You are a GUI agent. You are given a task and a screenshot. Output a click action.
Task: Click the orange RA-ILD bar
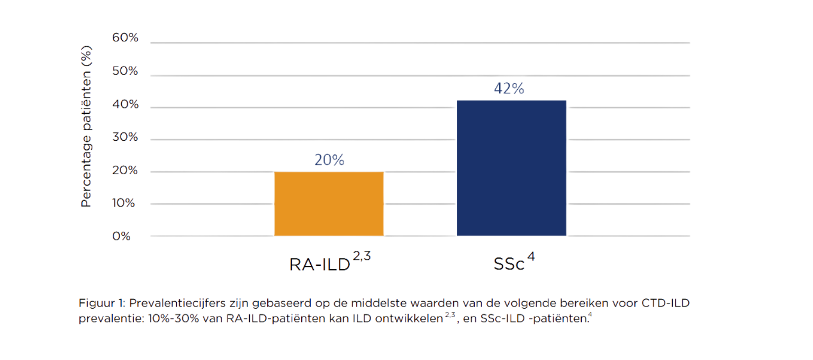(x=329, y=203)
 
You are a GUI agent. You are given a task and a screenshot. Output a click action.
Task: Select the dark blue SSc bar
(x=511, y=168)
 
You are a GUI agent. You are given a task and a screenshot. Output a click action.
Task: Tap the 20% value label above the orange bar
(x=329, y=160)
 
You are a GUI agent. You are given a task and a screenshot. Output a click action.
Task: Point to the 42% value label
(x=509, y=89)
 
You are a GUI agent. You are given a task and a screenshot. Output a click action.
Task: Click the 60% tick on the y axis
(x=125, y=38)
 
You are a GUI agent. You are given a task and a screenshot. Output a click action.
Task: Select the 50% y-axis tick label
(x=125, y=71)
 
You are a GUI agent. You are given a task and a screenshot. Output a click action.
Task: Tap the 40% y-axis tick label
(x=125, y=104)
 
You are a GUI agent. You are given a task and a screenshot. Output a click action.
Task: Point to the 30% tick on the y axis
(x=125, y=137)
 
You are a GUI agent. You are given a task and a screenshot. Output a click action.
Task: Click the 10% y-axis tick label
(x=125, y=203)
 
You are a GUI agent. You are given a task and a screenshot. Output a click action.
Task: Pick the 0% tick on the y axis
(x=122, y=236)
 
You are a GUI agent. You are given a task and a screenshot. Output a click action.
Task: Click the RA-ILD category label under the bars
(x=320, y=264)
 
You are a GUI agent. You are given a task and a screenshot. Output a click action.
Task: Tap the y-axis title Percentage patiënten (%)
(x=86, y=126)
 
